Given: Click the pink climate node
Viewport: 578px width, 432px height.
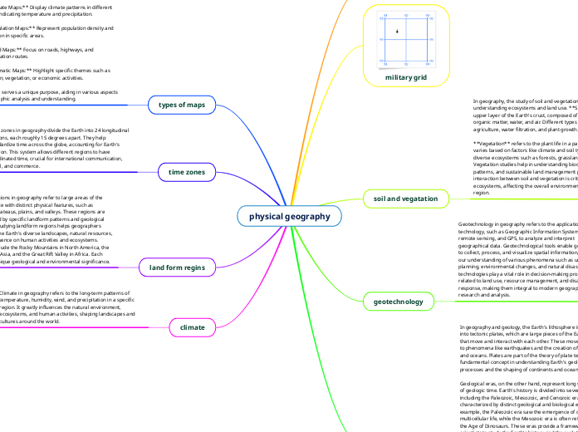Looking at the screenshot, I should coord(192,327).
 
